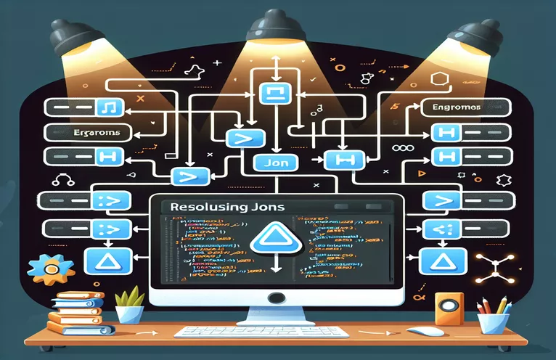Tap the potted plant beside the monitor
(x=129, y=304)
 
